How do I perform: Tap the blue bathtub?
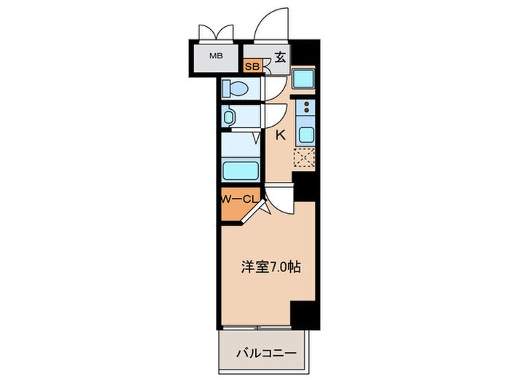click(240, 172)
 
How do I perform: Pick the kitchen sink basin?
click(305, 135)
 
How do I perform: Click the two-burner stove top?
click(305, 111)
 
